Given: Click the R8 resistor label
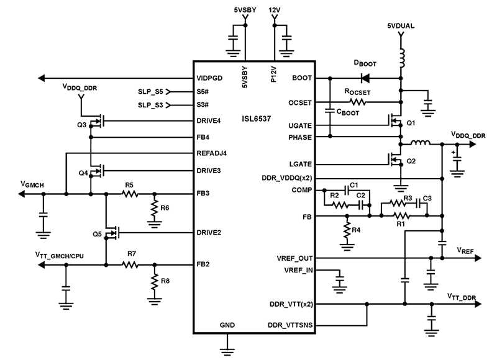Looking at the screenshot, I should click(165, 281).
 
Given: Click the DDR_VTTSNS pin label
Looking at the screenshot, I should click(290, 325).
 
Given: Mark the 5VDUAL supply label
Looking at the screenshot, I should click(401, 26).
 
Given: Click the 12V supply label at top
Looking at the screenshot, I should click(275, 11).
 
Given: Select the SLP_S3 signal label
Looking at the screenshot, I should click(150, 105).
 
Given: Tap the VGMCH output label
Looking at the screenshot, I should click(32, 184).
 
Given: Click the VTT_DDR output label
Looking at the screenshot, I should click(462, 298).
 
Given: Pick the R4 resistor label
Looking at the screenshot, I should click(355, 230).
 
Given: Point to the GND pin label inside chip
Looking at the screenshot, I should click(227, 325).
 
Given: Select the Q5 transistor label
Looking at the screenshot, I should click(97, 234).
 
